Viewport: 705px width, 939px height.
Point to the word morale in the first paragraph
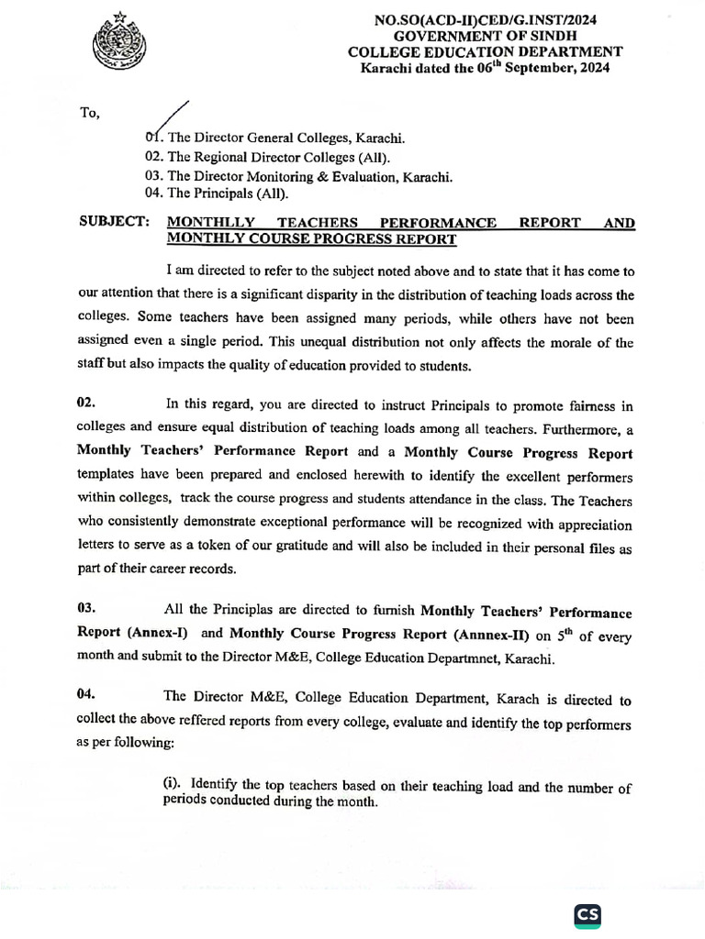click(554, 343)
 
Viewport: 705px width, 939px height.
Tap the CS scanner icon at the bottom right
click(587, 915)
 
